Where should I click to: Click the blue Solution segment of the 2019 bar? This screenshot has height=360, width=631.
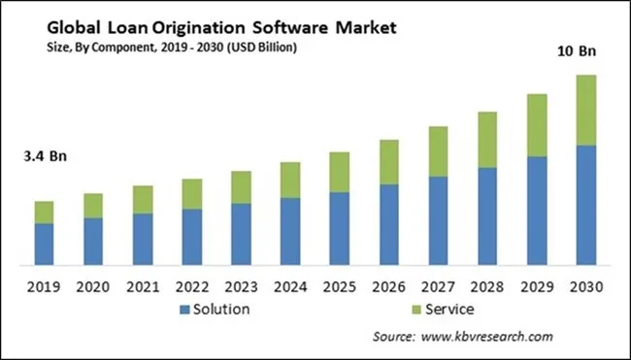click(x=44, y=244)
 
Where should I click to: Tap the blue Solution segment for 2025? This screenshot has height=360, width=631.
click(x=338, y=228)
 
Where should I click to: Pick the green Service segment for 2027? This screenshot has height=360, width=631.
click(x=437, y=151)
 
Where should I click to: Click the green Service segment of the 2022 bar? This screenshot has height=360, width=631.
click(x=191, y=194)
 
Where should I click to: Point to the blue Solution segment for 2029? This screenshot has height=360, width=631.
click(x=536, y=211)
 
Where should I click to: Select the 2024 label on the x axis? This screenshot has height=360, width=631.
click(x=289, y=287)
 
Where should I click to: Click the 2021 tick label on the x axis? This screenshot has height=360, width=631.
click(x=142, y=287)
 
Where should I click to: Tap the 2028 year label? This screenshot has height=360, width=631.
click(x=486, y=287)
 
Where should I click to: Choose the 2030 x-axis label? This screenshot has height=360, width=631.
click(x=585, y=287)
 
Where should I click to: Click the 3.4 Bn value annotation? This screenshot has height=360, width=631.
click(x=44, y=155)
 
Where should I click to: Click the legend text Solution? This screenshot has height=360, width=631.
click(x=222, y=310)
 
